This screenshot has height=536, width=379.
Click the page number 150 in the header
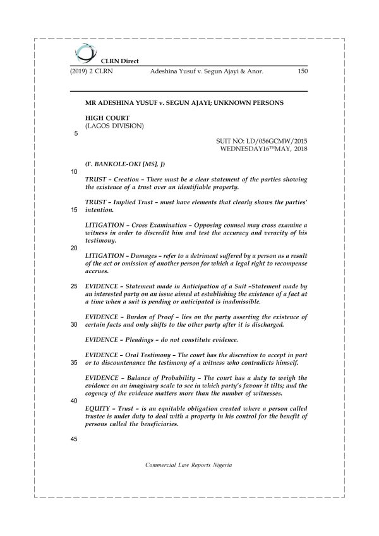301,72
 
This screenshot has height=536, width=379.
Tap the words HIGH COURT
107,118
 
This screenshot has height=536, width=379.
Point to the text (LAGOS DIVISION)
114,126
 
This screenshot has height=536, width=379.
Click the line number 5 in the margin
76,134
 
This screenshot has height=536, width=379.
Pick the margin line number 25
74,286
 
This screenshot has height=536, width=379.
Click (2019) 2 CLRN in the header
92,72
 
